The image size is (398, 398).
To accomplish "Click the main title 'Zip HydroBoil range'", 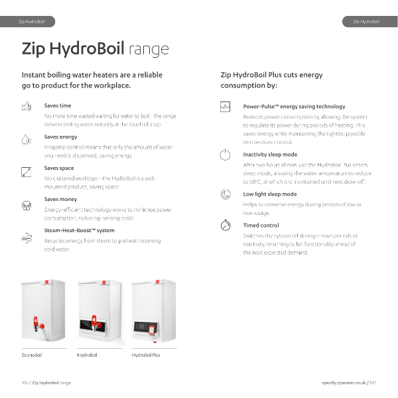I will pos(95,49).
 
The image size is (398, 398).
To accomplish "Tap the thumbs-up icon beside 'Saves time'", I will pos(27,106).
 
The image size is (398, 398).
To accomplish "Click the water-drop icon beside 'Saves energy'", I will pos(27,139).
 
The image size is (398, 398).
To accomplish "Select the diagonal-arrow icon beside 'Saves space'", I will pos(27,171).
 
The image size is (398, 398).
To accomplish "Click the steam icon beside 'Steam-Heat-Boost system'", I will pos(27,235).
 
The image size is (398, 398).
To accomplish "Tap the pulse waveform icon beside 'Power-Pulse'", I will pos(226,106).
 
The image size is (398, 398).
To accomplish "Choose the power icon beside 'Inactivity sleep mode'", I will pos(226,155).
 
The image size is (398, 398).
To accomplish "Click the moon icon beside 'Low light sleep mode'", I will pos(226,194).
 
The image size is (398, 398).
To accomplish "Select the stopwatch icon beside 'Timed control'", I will pos(226,226).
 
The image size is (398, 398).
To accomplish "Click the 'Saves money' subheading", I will pos(60,199).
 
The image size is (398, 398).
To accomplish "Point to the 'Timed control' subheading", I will pos(261,226).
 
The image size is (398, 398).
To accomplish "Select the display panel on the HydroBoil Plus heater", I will pos(147,326).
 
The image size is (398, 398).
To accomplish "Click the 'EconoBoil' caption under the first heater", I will pos(32,356).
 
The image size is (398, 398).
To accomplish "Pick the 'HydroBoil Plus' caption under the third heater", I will pos(146,356).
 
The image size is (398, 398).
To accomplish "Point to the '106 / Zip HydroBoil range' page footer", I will pos(46,383).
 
